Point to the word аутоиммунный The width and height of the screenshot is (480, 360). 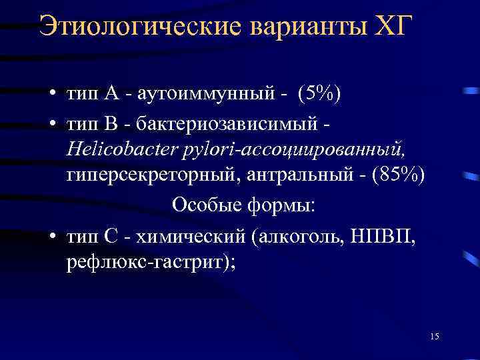point(204,95)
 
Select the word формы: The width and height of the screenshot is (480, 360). point(283,205)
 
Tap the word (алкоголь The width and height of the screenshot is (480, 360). point(301,235)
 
